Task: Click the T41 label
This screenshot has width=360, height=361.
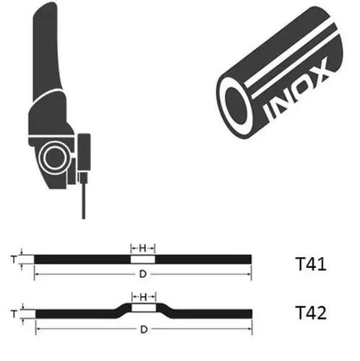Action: [311, 264]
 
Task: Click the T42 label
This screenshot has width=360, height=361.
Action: [311, 313]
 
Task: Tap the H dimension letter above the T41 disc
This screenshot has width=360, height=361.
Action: [142, 248]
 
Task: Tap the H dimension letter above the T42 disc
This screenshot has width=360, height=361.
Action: [143, 297]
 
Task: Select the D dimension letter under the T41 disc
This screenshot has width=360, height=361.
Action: [143, 274]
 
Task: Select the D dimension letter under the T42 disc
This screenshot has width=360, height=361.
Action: [144, 329]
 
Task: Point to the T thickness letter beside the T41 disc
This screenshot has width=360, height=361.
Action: [14, 259]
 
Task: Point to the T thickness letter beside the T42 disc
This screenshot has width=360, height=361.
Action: [14, 314]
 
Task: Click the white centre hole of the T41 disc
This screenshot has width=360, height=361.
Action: [143, 259]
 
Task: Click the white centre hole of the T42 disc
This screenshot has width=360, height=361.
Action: [144, 308]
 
